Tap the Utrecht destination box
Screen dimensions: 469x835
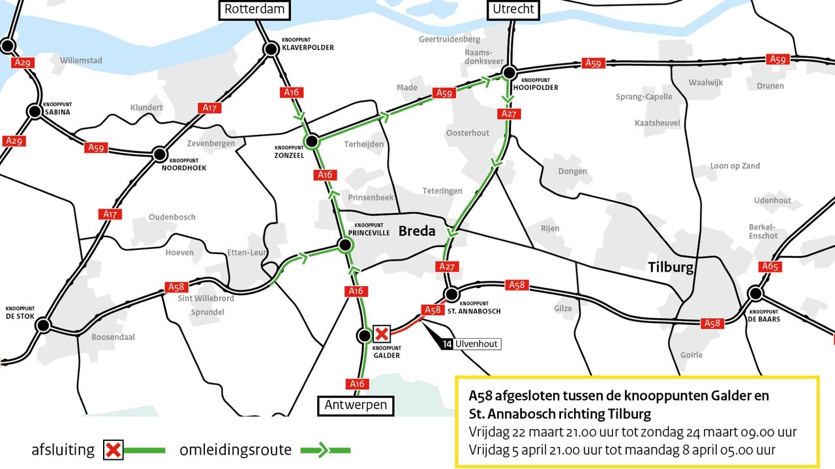click(513, 9)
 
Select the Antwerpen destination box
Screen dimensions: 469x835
click(356, 405)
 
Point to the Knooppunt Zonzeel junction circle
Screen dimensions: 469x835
click(312, 141)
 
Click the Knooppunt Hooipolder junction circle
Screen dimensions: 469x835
click(509, 73)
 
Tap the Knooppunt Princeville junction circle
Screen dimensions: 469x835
click(344, 245)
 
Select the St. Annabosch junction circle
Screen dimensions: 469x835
click(450, 294)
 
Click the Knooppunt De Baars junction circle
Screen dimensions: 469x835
click(755, 293)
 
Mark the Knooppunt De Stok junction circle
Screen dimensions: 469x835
click(43, 324)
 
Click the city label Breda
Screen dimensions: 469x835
click(417, 231)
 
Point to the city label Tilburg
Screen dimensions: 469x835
click(671, 267)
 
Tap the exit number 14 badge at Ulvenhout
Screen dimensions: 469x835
click(446, 344)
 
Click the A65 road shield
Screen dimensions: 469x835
click(771, 266)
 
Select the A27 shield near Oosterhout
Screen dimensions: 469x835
click(509, 114)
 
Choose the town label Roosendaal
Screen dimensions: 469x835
click(113, 337)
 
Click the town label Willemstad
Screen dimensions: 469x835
click(81, 61)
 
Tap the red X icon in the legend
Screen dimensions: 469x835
click(114, 449)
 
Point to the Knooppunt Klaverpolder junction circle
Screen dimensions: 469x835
click(271, 49)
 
